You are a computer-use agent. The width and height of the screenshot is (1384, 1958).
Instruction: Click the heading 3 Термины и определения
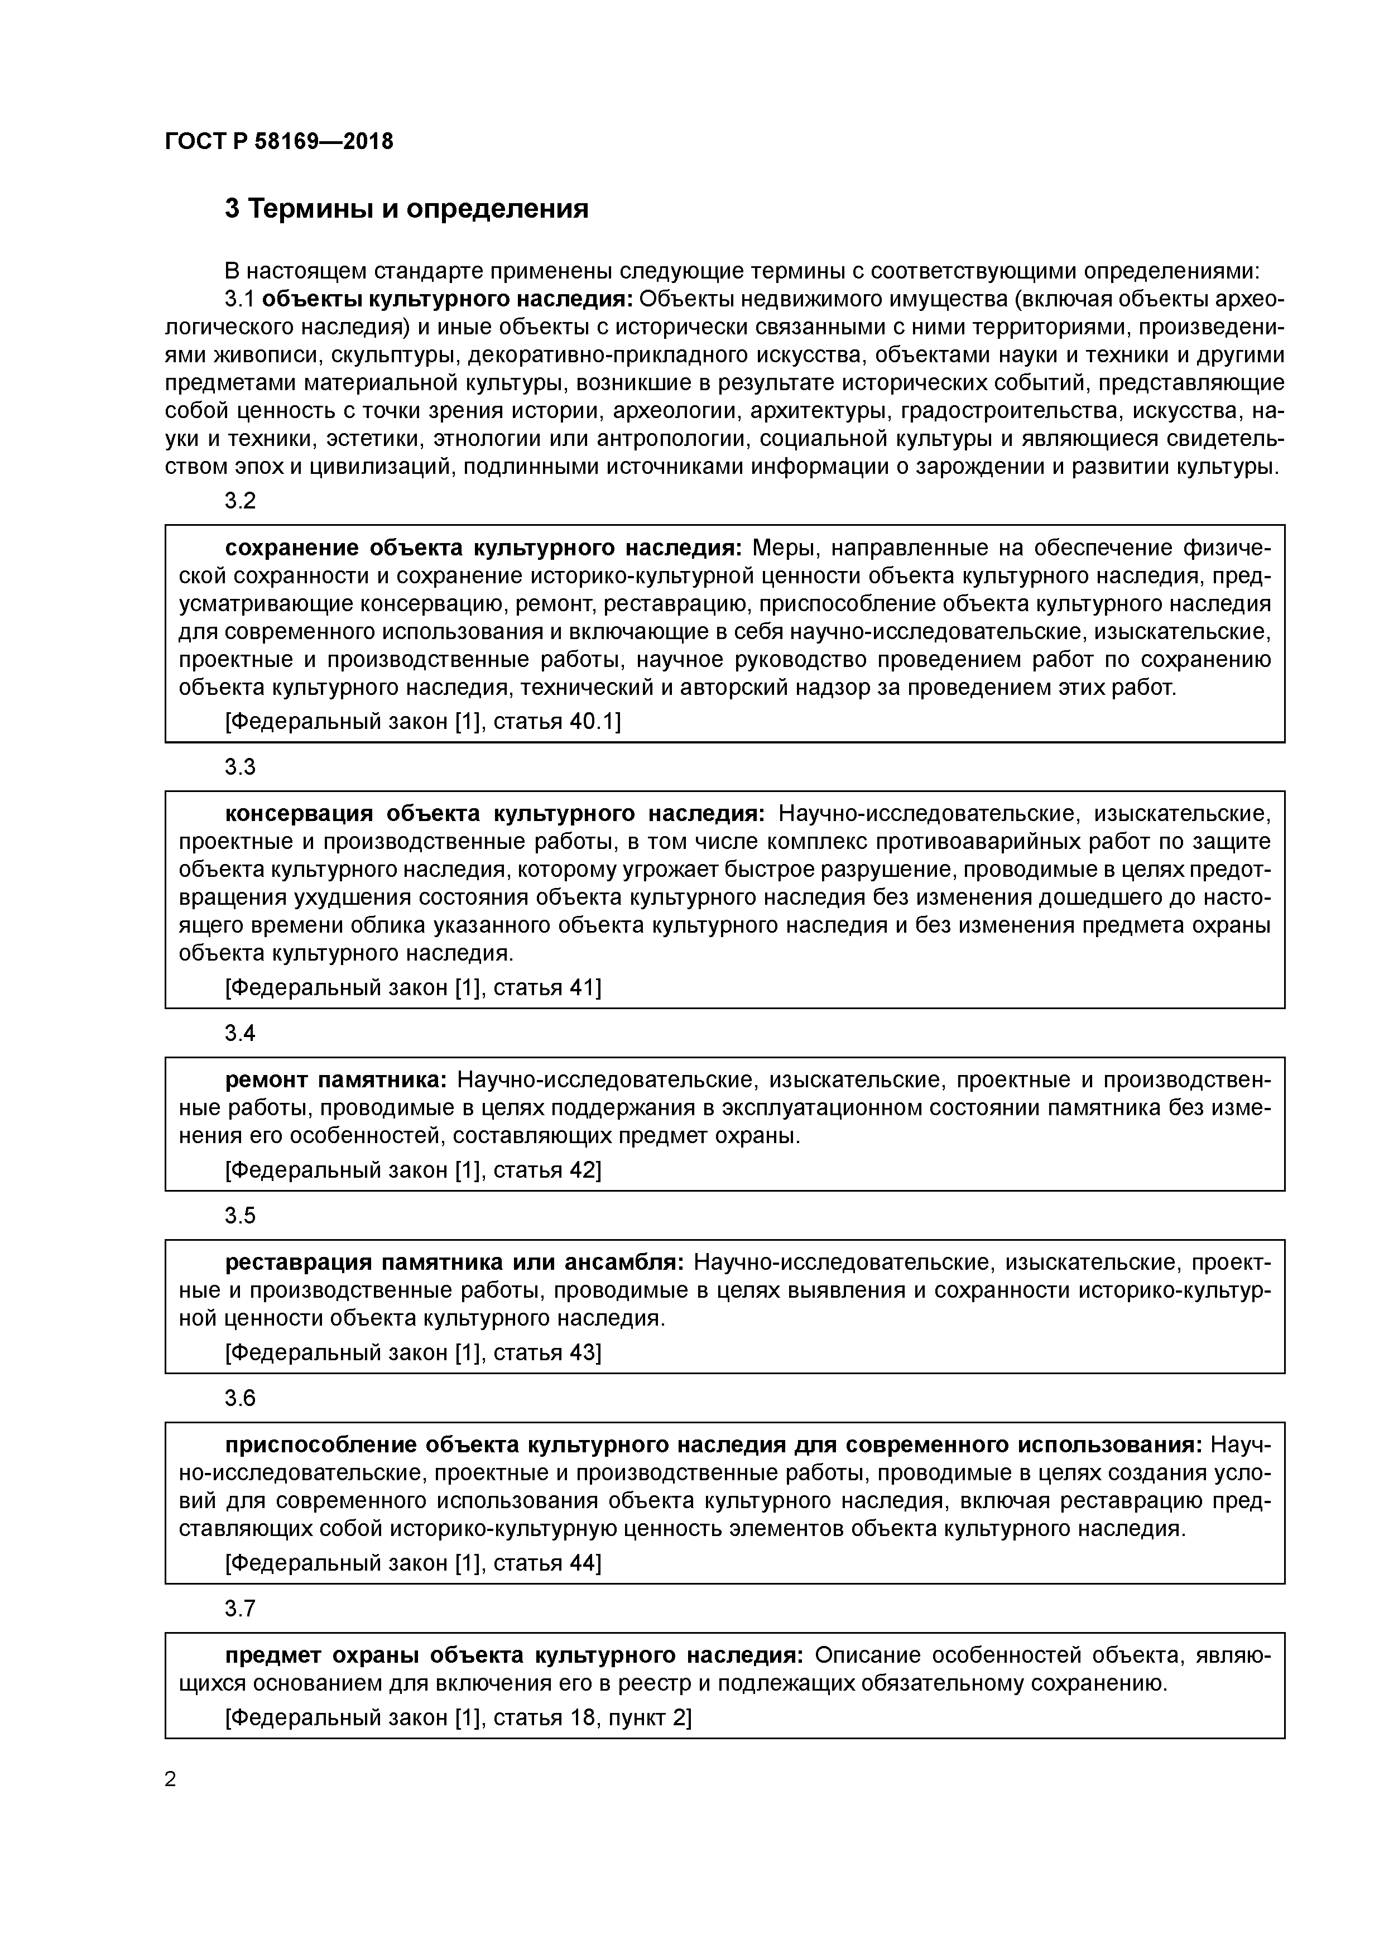pyautogui.click(x=407, y=208)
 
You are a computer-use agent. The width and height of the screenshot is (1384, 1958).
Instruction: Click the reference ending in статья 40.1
pyautogui.click(x=422, y=722)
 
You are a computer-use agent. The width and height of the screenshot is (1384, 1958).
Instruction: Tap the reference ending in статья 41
pyautogui.click(x=413, y=987)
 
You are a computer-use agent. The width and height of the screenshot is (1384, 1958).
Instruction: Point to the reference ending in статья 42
pyautogui.click(x=413, y=1170)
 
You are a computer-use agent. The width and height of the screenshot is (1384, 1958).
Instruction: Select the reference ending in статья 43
pyautogui.click(x=413, y=1352)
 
